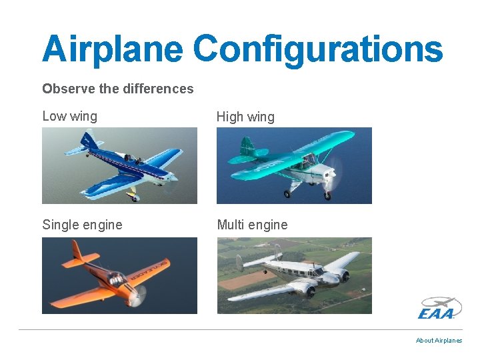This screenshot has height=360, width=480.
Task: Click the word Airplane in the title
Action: (x=111, y=49)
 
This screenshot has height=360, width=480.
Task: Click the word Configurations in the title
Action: (x=318, y=49)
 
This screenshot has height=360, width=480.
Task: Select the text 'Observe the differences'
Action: (x=117, y=89)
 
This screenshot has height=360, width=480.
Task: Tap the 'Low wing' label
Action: (x=69, y=116)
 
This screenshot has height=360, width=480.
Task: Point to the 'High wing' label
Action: (x=245, y=117)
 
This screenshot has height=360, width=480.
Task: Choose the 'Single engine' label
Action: (x=82, y=225)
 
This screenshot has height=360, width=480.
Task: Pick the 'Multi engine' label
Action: (x=252, y=225)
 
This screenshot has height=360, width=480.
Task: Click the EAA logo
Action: (x=439, y=308)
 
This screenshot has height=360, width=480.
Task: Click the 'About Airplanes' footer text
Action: (x=439, y=340)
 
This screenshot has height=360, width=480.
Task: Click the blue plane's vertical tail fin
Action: (x=89, y=141)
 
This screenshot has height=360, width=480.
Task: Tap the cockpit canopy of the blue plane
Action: (x=135, y=159)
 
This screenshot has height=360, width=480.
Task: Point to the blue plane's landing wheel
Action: (x=133, y=198)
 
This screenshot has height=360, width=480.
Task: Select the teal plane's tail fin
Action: (x=246, y=146)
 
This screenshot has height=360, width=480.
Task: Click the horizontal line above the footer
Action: (x=240, y=329)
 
